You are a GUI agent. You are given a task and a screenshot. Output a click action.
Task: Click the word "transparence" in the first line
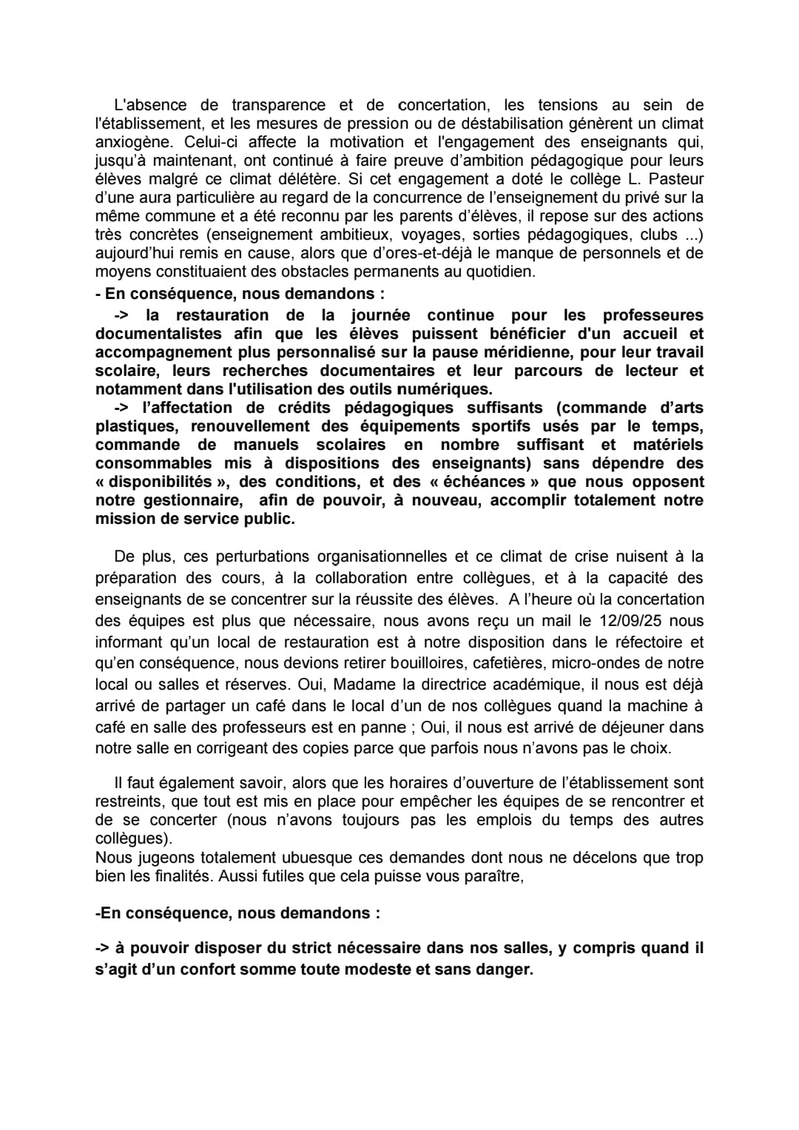(x=277, y=105)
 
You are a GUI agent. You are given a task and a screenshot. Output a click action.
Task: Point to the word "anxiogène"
(x=130, y=142)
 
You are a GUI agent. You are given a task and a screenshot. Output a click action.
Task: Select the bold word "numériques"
(x=445, y=389)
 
